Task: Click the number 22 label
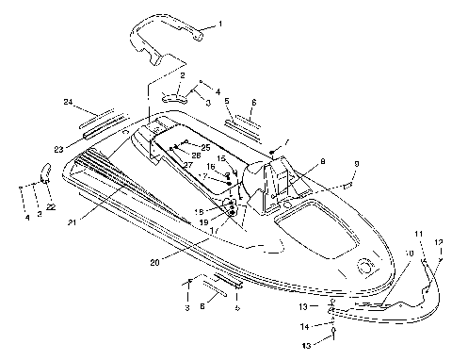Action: (51, 206)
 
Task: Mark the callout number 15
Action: (222, 157)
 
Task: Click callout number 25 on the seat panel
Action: (205, 147)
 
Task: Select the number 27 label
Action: (188, 165)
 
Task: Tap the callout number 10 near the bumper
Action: (408, 254)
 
